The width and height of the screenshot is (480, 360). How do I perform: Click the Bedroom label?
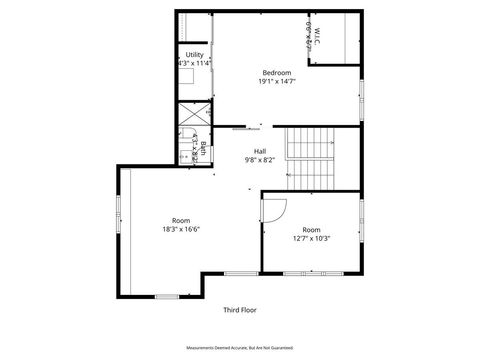tap(277, 72)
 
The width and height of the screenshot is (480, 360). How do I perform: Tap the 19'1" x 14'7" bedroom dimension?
tap(277, 81)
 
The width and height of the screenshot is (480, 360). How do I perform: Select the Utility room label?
tap(194, 55)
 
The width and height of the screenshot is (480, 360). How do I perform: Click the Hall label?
tap(259, 151)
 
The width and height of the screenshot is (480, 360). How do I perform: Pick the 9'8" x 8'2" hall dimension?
tap(259, 160)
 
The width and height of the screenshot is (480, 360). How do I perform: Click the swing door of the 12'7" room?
tap(275, 208)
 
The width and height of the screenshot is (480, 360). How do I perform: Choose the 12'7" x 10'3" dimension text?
tap(311, 238)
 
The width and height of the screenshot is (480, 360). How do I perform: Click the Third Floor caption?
tap(241, 311)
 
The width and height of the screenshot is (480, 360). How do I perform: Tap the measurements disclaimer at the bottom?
tap(241, 345)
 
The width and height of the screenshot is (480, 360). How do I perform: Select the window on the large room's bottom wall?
tap(167, 296)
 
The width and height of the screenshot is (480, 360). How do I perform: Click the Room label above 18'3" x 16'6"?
tap(181, 221)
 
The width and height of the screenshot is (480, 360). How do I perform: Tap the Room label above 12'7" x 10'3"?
tap(311, 229)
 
